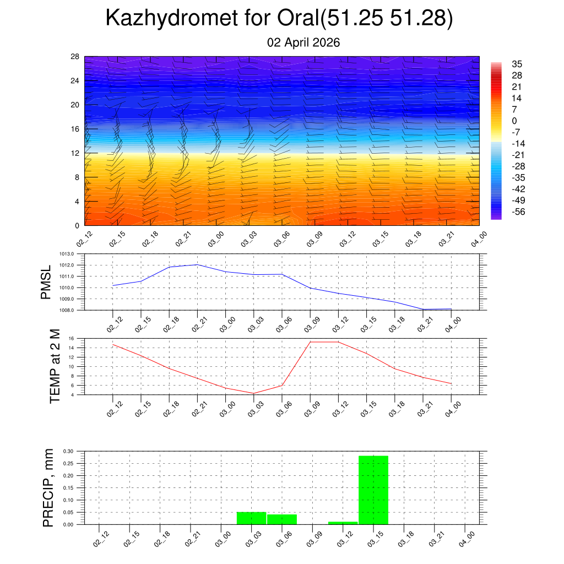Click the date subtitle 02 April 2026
coord(303,42)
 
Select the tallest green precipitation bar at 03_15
coord(373,490)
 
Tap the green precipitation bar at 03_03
coord(251,518)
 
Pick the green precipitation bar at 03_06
coord(282,519)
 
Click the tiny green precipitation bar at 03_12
coord(343,523)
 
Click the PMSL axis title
coord(46,282)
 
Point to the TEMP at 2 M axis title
coord(55,366)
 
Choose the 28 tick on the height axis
coord(75,57)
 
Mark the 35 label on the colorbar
coord(517,64)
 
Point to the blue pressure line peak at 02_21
coord(197,264)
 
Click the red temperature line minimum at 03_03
coord(253,393)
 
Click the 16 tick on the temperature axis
coord(72,338)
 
